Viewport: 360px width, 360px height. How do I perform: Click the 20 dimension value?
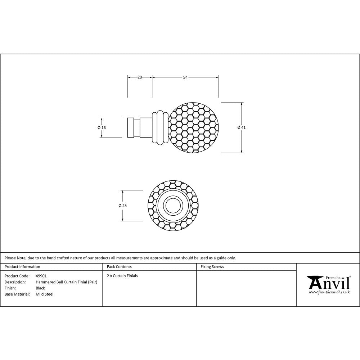[140, 77]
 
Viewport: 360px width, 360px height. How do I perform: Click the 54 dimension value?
[185, 77]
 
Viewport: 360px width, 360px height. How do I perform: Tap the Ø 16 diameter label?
[102, 127]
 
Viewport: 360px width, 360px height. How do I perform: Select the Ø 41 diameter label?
[242, 127]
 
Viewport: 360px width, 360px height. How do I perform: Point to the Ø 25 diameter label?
[122, 206]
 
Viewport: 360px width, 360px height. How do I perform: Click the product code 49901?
[41, 276]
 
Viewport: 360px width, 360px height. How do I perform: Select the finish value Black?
[40, 288]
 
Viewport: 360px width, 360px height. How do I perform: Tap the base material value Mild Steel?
[44, 294]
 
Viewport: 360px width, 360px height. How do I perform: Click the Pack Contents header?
[119, 267]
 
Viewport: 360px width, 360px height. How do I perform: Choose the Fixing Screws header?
[212, 267]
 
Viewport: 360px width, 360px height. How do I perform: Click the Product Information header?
[22, 267]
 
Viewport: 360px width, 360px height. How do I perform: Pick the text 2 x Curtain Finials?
[122, 276]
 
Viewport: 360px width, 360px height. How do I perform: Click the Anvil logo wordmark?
[329, 283]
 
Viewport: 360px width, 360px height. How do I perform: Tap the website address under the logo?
[329, 292]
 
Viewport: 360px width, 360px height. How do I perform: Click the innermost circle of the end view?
[173, 206]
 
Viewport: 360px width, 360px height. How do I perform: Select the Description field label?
[15, 282]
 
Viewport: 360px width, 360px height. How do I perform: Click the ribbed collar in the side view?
[160, 127]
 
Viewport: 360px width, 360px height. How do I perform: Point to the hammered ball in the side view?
[194, 127]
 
